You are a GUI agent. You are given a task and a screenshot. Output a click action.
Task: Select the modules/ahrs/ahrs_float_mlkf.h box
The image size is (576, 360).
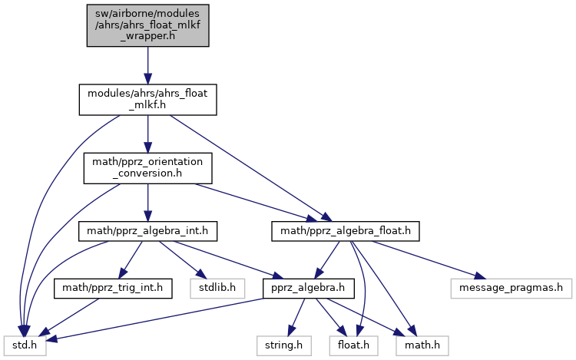tap(147, 100)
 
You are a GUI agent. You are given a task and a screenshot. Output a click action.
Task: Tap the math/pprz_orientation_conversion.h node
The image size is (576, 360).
tap(147, 167)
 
